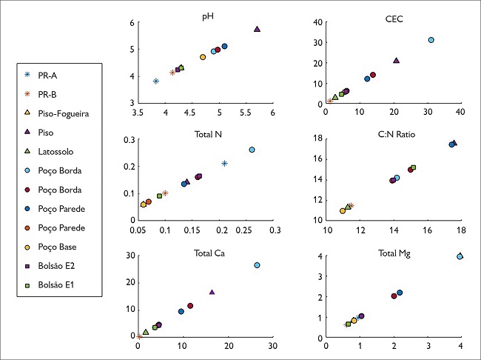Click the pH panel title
pos(205,14)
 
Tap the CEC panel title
pos(392,14)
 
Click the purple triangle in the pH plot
pos(257,29)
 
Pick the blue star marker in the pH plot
pos(156,81)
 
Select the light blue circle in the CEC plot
pos(431,40)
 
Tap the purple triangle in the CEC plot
pos(396,61)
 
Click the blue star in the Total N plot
pos(224,163)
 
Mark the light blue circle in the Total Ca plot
pos(257,265)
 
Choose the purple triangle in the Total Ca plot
pos(212,292)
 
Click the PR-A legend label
pos(48,76)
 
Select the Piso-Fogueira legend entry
pos(63,113)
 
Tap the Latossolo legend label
pos(55,151)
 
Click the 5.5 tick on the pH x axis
pos(246,113)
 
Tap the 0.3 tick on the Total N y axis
pos(129,139)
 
